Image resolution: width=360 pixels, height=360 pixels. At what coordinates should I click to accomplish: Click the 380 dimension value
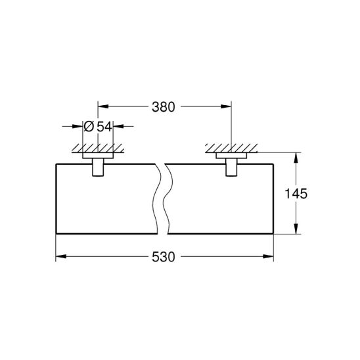click(163, 107)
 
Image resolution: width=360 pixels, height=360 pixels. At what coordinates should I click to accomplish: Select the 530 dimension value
click(163, 257)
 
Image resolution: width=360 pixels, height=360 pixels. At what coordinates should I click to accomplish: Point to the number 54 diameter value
click(104, 127)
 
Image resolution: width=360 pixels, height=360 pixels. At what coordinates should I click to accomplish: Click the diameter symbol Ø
click(89, 127)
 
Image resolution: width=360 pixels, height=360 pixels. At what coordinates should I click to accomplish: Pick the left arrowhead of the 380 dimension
click(103, 106)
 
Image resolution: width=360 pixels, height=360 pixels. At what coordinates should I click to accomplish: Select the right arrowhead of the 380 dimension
click(226, 106)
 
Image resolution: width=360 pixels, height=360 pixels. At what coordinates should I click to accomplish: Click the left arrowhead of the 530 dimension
click(61, 256)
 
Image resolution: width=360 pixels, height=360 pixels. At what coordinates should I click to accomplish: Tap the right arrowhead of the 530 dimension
click(268, 256)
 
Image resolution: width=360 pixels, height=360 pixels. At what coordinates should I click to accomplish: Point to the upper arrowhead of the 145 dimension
click(296, 158)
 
